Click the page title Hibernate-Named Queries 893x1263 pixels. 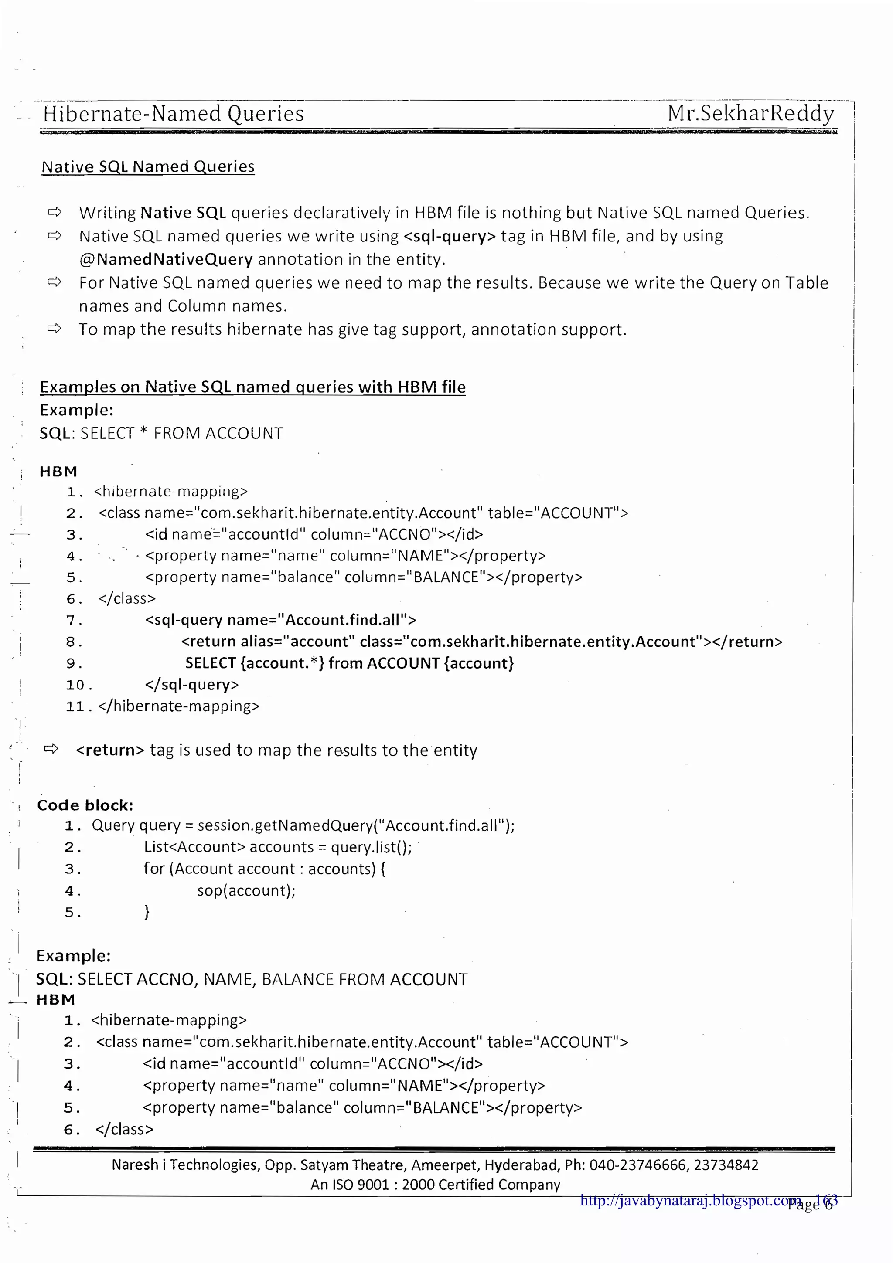173,114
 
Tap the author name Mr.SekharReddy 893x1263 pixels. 750,113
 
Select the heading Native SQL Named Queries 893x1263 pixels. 148,166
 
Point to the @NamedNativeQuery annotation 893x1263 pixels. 166,259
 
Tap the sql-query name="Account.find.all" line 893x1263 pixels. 281,620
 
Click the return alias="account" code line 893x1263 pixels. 481,642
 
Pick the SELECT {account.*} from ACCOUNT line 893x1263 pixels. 349,663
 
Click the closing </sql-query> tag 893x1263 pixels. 191,684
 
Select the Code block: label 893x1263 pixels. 85,805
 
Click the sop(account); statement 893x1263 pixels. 246,890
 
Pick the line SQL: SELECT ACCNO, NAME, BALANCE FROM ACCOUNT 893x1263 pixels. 252,979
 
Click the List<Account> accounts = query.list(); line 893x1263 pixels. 278,847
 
